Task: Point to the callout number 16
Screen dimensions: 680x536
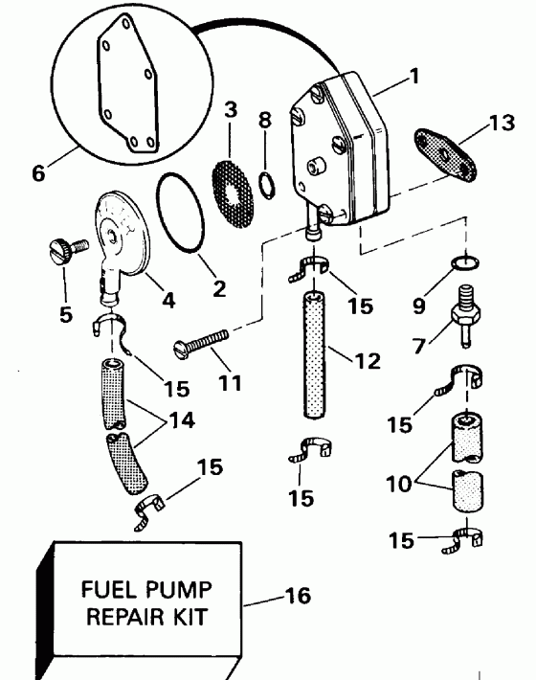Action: click(x=298, y=596)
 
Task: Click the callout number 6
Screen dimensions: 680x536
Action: click(x=38, y=173)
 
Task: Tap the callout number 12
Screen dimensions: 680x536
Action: click(x=367, y=361)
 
